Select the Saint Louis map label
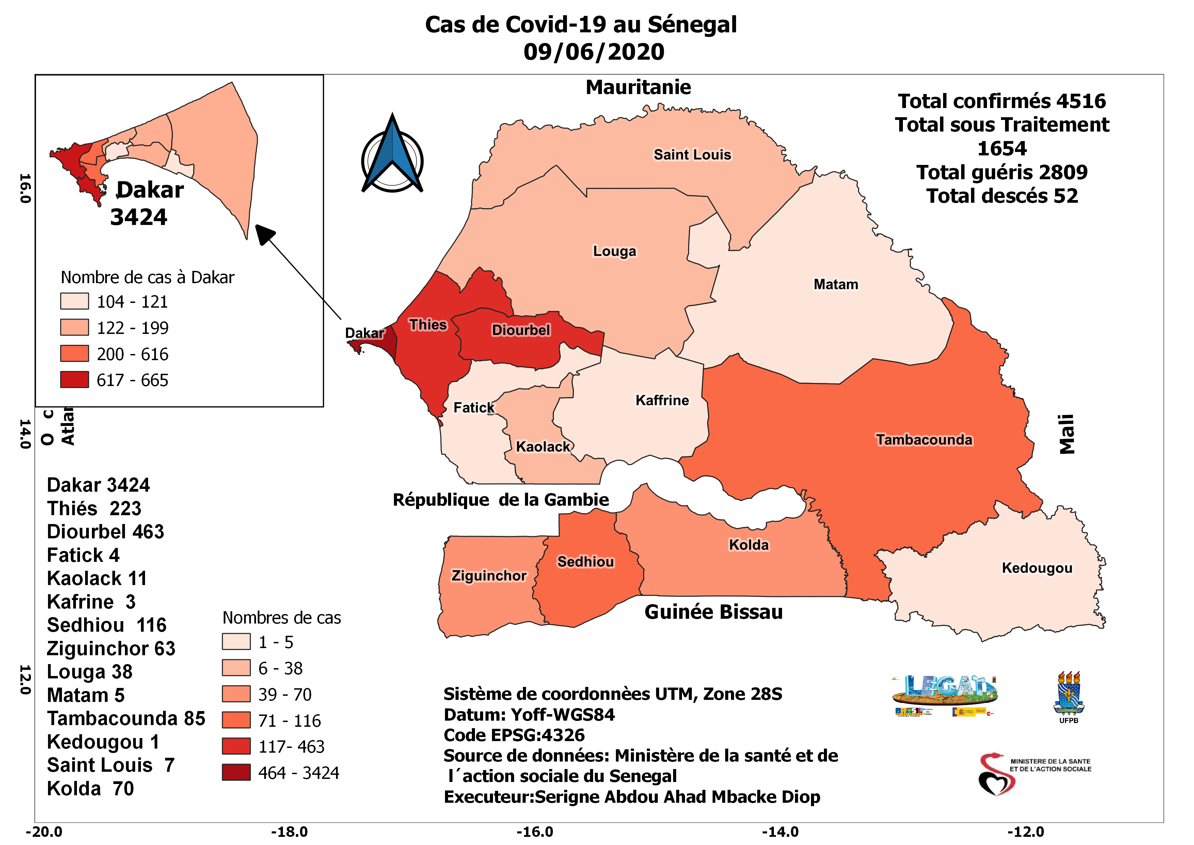[x=692, y=155]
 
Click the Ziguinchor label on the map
[x=488, y=575]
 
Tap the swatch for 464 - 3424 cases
[x=236, y=772]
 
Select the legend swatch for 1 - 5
[x=236, y=642]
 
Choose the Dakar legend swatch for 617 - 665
[x=74, y=380]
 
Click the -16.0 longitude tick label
[x=535, y=831]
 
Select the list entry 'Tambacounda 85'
[x=126, y=719]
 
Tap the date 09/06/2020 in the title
[x=594, y=52]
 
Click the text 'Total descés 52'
[x=1002, y=196]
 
